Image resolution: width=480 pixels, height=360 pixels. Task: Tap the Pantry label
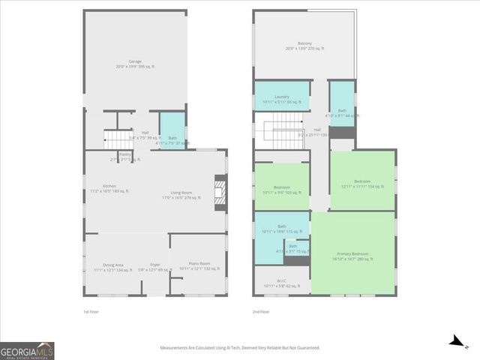tap(115, 156)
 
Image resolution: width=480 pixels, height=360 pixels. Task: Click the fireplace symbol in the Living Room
tap(220, 190)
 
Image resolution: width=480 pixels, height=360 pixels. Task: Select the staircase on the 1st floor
tap(112, 138)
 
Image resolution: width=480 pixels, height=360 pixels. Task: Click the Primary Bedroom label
tap(352, 256)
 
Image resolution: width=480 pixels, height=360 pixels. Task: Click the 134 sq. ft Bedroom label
tap(362, 184)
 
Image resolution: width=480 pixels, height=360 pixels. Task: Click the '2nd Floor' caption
tap(259, 311)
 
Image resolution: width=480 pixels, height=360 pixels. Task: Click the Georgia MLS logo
tap(27, 351)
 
